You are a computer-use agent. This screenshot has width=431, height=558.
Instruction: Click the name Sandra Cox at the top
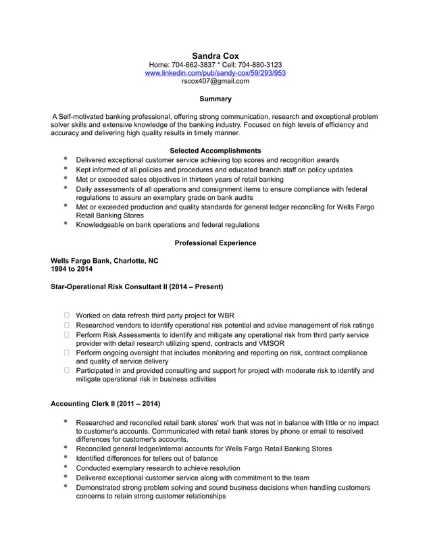click(215, 55)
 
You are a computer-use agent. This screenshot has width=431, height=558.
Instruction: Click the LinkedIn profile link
click(215, 73)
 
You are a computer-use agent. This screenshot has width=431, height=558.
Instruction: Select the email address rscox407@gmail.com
click(215, 81)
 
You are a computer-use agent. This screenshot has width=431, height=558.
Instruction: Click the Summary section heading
click(215, 99)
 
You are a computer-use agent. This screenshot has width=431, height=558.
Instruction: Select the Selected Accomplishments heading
click(215, 150)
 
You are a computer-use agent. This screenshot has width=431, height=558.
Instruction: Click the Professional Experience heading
click(215, 243)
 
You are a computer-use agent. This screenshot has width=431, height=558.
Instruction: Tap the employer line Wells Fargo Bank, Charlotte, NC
click(105, 260)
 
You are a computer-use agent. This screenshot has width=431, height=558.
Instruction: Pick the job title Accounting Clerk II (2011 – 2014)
click(105, 404)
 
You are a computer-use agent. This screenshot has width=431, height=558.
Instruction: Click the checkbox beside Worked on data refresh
click(67, 315)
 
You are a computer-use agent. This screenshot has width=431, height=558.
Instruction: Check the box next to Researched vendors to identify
click(67, 325)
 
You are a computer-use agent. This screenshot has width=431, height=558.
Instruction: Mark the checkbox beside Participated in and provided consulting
click(67, 371)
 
